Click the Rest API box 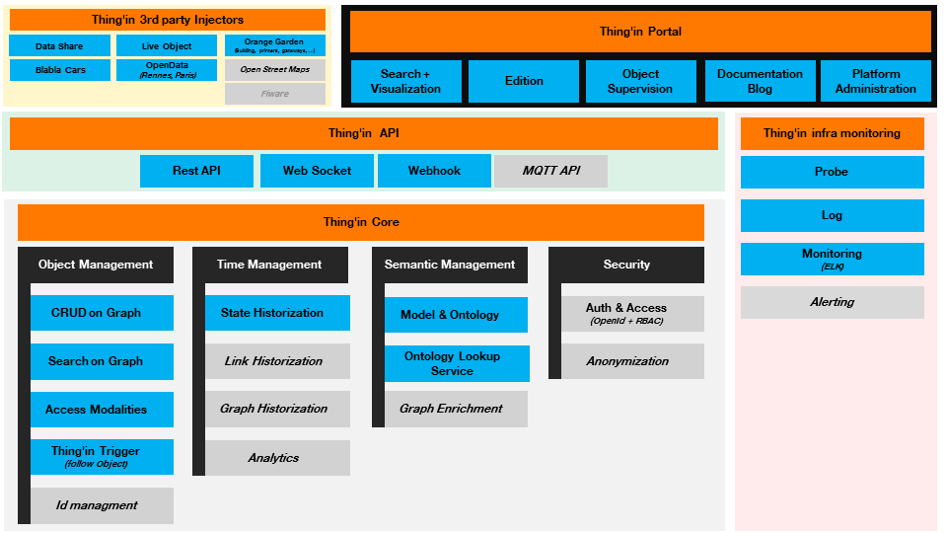[196, 171]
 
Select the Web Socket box [317, 171]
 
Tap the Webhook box [434, 171]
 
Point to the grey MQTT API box [550, 171]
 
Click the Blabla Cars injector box [60, 70]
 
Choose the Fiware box [275, 94]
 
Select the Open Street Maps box [275, 70]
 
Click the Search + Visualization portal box [405, 81]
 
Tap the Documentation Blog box [760, 81]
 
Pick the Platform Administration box [876, 81]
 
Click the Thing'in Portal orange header [640, 32]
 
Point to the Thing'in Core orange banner [361, 222]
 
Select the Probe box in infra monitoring [832, 172]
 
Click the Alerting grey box [832, 302]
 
